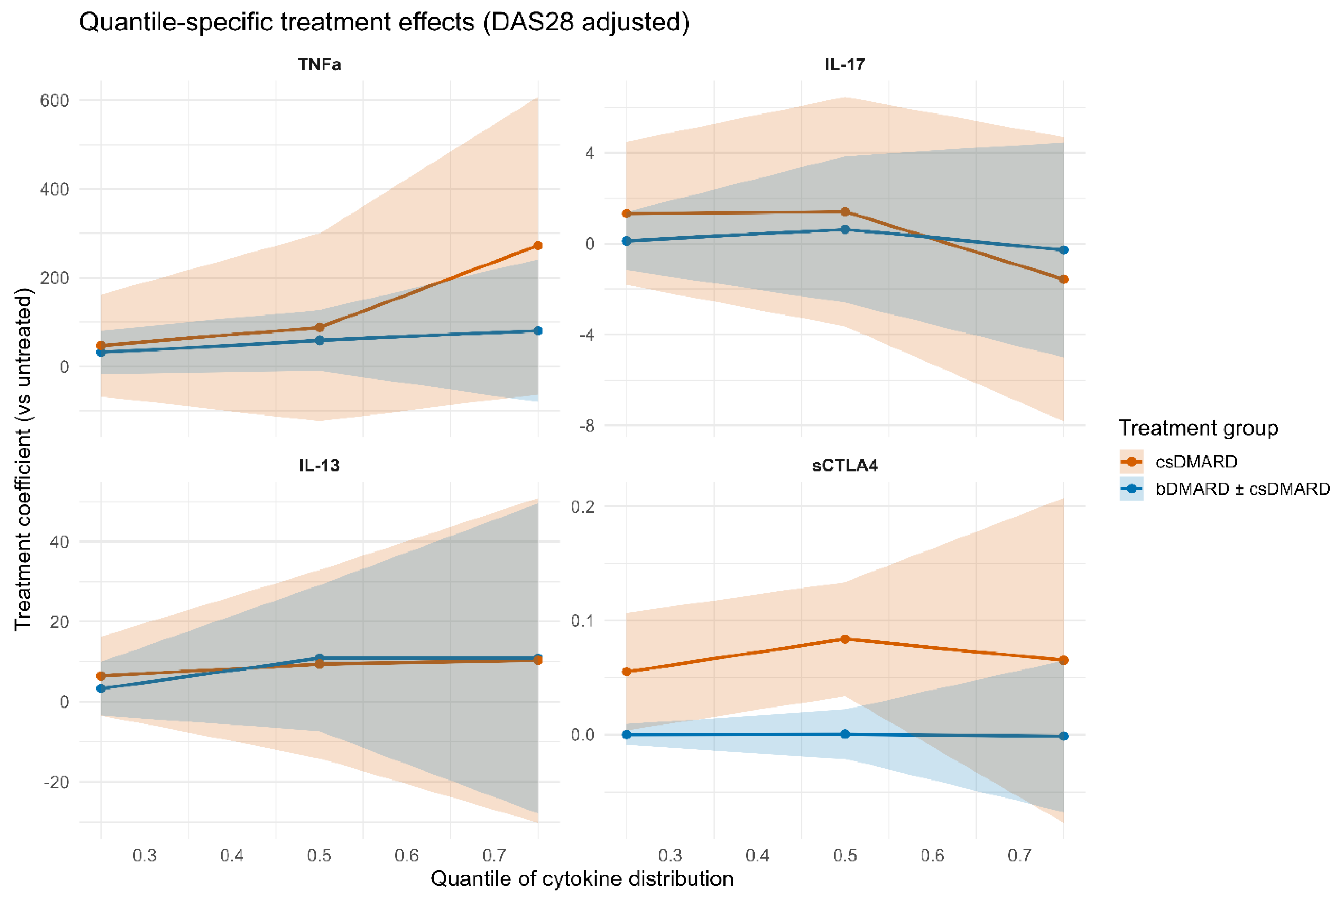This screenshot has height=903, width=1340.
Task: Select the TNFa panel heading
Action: pos(320,64)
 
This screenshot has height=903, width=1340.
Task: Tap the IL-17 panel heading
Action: pos(845,64)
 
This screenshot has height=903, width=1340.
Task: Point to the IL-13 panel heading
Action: pos(320,465)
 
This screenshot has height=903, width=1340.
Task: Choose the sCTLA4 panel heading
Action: pos(845,465)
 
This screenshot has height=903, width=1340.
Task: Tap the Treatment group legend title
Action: pos(1198,428)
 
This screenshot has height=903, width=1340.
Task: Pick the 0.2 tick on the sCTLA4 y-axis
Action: pos(582,507)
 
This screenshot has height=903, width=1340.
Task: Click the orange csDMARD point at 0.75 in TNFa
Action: pos(538,246)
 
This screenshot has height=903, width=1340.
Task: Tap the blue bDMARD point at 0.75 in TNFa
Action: pos(538,330)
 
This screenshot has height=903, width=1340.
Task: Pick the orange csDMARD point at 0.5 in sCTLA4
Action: pos(845,639)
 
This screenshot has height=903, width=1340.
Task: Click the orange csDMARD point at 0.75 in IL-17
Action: pos(1064,279)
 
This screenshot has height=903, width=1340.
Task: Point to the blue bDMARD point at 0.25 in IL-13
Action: pos(101,688)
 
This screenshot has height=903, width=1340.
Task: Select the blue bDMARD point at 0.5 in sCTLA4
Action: pos(845,734)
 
